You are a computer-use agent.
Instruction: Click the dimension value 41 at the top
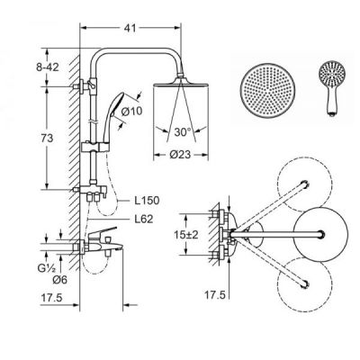point(130,28)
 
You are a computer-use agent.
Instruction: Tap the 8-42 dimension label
point(48,67)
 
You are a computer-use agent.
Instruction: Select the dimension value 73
point(47,139)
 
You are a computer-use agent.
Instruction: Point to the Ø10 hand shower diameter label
point(131,112)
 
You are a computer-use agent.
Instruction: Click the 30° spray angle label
point(183,131)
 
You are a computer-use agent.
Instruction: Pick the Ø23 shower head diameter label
point(180,155)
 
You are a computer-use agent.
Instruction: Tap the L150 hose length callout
point(147,200)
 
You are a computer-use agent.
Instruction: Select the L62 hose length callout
point(143,219)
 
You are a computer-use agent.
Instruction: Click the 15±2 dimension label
point(186,235)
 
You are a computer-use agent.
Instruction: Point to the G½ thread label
point(46,268)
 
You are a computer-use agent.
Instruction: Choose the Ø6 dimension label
point(60,280)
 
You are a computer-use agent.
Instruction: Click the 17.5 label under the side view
point(51,298)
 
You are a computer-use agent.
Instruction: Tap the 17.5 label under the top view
point(215,295)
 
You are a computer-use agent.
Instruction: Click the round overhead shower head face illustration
point(267,90)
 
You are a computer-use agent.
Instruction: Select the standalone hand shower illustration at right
point(332,88)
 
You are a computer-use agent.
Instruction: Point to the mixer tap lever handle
point(103,232)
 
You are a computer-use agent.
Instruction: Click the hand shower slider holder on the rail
point(94,148)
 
